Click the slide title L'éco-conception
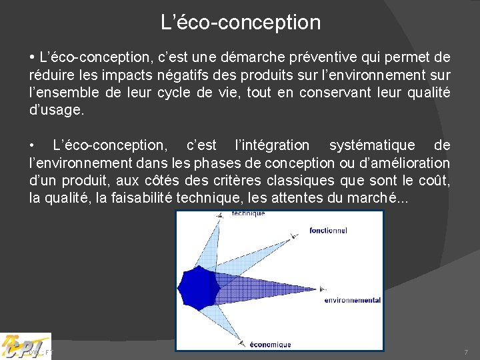pyautogui.click(x=241, y=23)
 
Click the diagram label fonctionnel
pyautogui.click(x=328, y=231)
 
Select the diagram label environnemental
pyautogui.click(x=353, y=300)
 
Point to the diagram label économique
pyautogui.click(x=270, y=345)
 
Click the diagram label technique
pyautogui.click(x=248, y=213)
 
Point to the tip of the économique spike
pyautogui.click(x=241, y=343)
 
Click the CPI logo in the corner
pyautogui.click(x=25, y=345)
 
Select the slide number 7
pyautogui.click(x=466, y=351)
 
